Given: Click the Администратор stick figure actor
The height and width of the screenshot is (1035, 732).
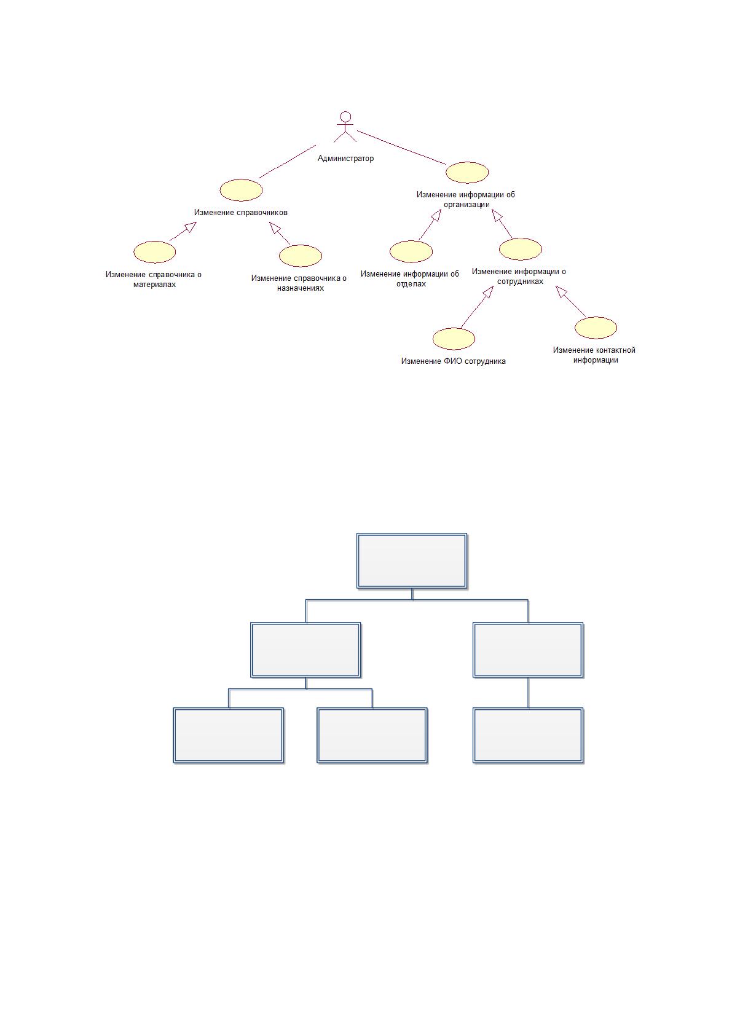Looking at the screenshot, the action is [x=345, y=126].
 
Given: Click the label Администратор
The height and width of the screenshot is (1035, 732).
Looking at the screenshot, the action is [x=345, y=159].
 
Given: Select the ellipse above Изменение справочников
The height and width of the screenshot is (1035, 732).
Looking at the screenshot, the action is [x=241, y=190].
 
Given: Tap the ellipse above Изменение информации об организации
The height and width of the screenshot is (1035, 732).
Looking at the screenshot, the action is [x=467, y=172].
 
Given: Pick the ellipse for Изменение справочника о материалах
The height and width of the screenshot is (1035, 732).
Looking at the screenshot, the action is [x=155, y=252].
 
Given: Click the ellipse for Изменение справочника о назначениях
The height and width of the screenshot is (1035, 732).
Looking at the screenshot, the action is [x=301, y=256].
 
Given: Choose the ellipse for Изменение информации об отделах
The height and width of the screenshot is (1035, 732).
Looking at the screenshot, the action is [x=411, y=252].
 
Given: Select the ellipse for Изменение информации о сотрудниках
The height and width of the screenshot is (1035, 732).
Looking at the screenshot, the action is [x=521, y=250].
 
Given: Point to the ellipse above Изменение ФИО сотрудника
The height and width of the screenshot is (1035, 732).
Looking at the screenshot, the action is [x=454, y=339].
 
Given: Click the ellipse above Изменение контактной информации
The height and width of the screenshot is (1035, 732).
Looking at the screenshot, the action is [x=596, y=328].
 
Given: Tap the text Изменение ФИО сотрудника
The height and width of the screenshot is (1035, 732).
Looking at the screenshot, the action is [x=454, y=361].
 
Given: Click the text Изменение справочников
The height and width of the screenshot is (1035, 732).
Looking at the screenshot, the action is [x=241, y=213].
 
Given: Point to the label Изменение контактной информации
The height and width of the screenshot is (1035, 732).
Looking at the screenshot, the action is [x=595, y=355].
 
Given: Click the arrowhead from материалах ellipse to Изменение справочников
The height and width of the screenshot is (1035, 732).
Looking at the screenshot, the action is [x=191, y=226].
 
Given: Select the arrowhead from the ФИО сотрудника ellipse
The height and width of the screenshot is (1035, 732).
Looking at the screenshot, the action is [x=488, y=291].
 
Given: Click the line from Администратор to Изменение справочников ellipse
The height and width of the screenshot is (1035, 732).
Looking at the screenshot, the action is [x=288, y=162].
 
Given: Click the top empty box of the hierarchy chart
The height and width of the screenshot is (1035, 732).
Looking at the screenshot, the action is [x=412, y=561].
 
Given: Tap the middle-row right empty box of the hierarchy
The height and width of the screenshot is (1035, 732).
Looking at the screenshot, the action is [x=528, y=650].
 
